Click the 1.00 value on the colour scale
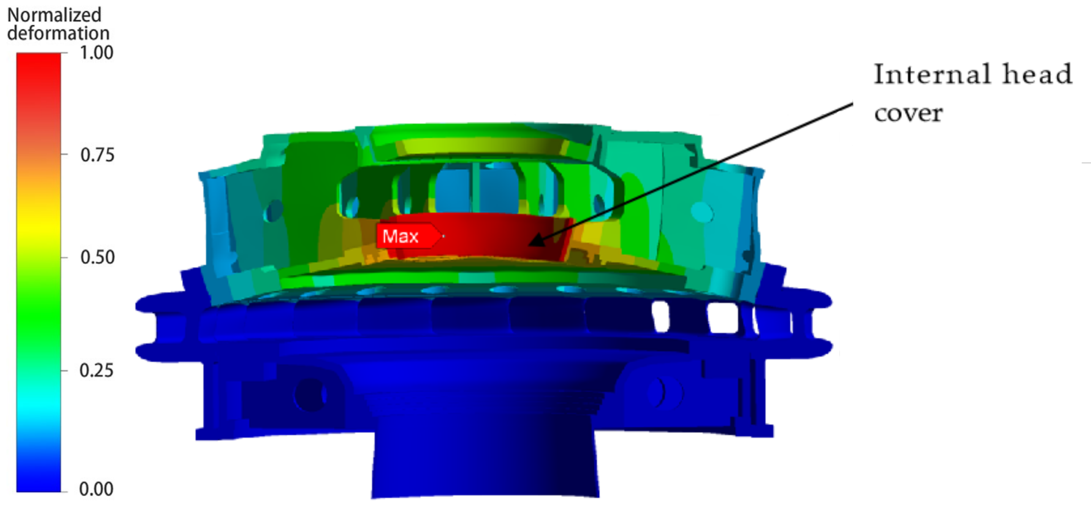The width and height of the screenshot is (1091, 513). click(x=96, y=53)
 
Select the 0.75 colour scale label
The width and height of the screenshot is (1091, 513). click(x=97, y=155)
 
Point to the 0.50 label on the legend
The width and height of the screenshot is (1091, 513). click(x=97, y=257)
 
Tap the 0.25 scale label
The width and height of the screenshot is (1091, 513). click(x=96, y=370)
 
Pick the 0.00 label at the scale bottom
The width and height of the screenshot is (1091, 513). click(x=96, y=489)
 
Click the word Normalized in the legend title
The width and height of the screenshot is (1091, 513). click(x=54, y=15)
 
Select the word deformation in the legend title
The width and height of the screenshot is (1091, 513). click(x=58, y=33)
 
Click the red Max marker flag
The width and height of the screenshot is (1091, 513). click(x=409, y=236)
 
